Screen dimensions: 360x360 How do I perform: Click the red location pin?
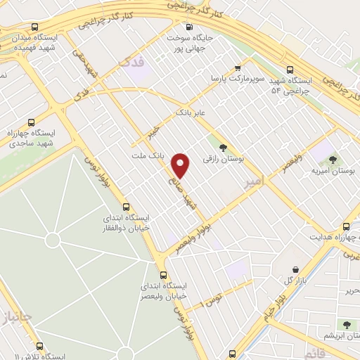click(181, 165)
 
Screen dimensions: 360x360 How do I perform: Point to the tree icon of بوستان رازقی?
click(223, 147)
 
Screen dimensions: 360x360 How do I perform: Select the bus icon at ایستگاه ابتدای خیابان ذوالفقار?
click(126, 207)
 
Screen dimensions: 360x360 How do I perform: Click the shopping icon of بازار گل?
click(295, 269)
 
